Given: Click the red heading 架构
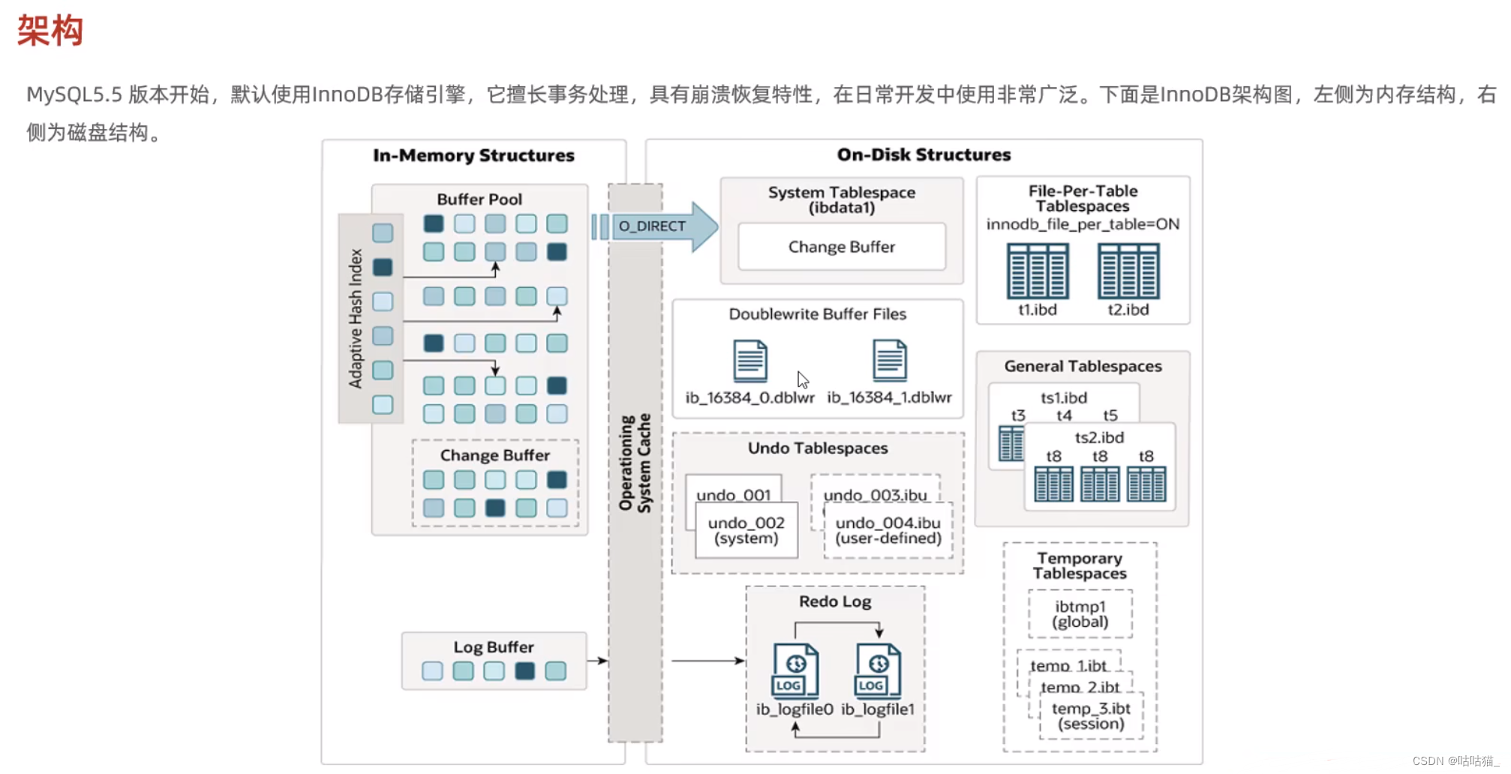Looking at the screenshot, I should tap(50, 31).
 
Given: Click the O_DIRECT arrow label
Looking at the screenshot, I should tap(651, 226).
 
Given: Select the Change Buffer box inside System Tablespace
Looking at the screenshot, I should tap(841, 247).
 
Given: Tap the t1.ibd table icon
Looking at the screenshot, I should tap(1037, 271).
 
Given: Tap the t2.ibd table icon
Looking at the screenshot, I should tap(1128, 271).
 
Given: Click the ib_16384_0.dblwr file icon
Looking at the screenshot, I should tap(749, 361).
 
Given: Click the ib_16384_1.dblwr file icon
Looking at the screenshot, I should tap(889, 361).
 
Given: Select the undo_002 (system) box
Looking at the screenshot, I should tap(746, 530).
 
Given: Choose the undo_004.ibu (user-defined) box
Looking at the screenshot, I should tap(888, 530).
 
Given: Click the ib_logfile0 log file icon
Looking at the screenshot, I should tap(795, 671).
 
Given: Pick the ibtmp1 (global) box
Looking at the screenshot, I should tap(1080, 613).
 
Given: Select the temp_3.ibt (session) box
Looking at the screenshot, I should tap(1091, 715).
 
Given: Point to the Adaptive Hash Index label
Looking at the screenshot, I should tap(356, 319).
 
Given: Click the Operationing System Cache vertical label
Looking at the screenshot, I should tap(635, 463).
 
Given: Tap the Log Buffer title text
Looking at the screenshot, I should tap(493, 646).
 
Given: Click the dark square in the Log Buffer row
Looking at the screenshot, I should tap(524, 670).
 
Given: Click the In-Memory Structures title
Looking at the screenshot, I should tap(473, 155).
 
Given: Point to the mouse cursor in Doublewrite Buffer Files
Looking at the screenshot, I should tap(802, 379).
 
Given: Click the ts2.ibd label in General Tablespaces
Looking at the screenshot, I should tap(1099, 437).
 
